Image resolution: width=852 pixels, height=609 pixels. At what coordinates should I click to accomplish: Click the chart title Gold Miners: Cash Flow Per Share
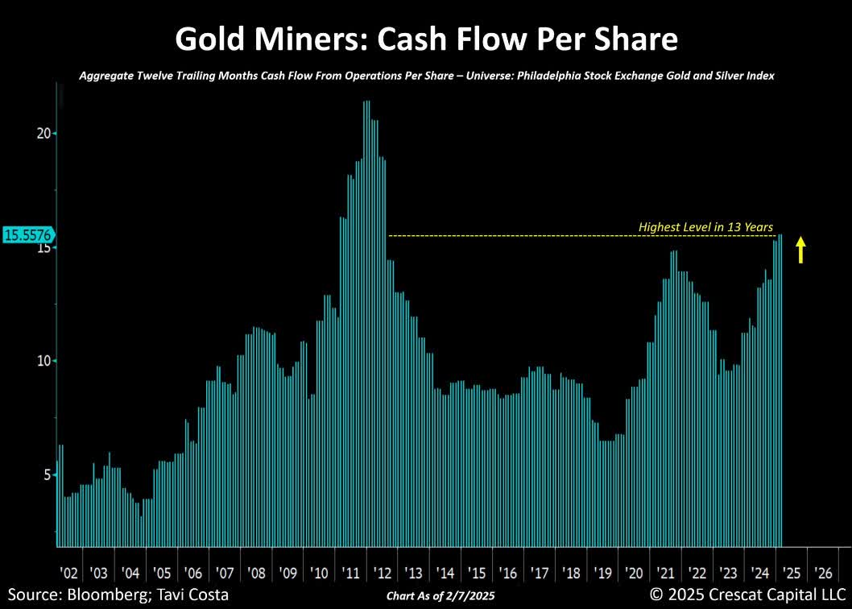tap(426, 38)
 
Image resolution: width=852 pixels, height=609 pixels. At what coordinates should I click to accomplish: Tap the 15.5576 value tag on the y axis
tap(28, 235)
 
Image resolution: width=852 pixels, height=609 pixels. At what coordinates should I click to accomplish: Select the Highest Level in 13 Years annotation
tap(705, 227)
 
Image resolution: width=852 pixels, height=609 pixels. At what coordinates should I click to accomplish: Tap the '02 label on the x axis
tap(69, 573)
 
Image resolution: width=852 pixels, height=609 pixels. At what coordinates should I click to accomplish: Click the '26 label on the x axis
tap(823, 573)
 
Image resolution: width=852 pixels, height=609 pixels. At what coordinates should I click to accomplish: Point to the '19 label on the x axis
tap(602, 573)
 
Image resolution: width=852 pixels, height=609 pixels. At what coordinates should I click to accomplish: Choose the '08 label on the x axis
tap(256, 573)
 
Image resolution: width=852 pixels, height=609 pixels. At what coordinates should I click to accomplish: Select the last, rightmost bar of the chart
tap(780, 387)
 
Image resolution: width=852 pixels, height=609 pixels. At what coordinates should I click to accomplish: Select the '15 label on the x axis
tap(477, 573)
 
